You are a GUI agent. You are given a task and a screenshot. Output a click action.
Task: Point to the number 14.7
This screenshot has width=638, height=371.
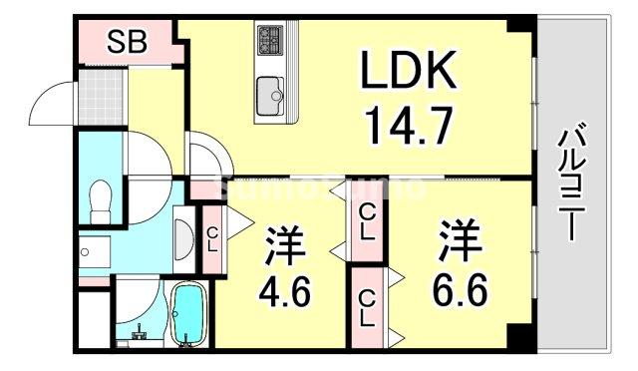[x=408, y=127]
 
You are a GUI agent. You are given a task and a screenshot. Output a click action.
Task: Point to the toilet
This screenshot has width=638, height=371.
[x=99, y=202]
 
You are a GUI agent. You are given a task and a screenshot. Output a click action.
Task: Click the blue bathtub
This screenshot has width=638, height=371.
[x=187, y=314]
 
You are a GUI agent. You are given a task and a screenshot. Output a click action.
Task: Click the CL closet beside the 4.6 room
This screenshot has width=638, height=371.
[x=212, y=236]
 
